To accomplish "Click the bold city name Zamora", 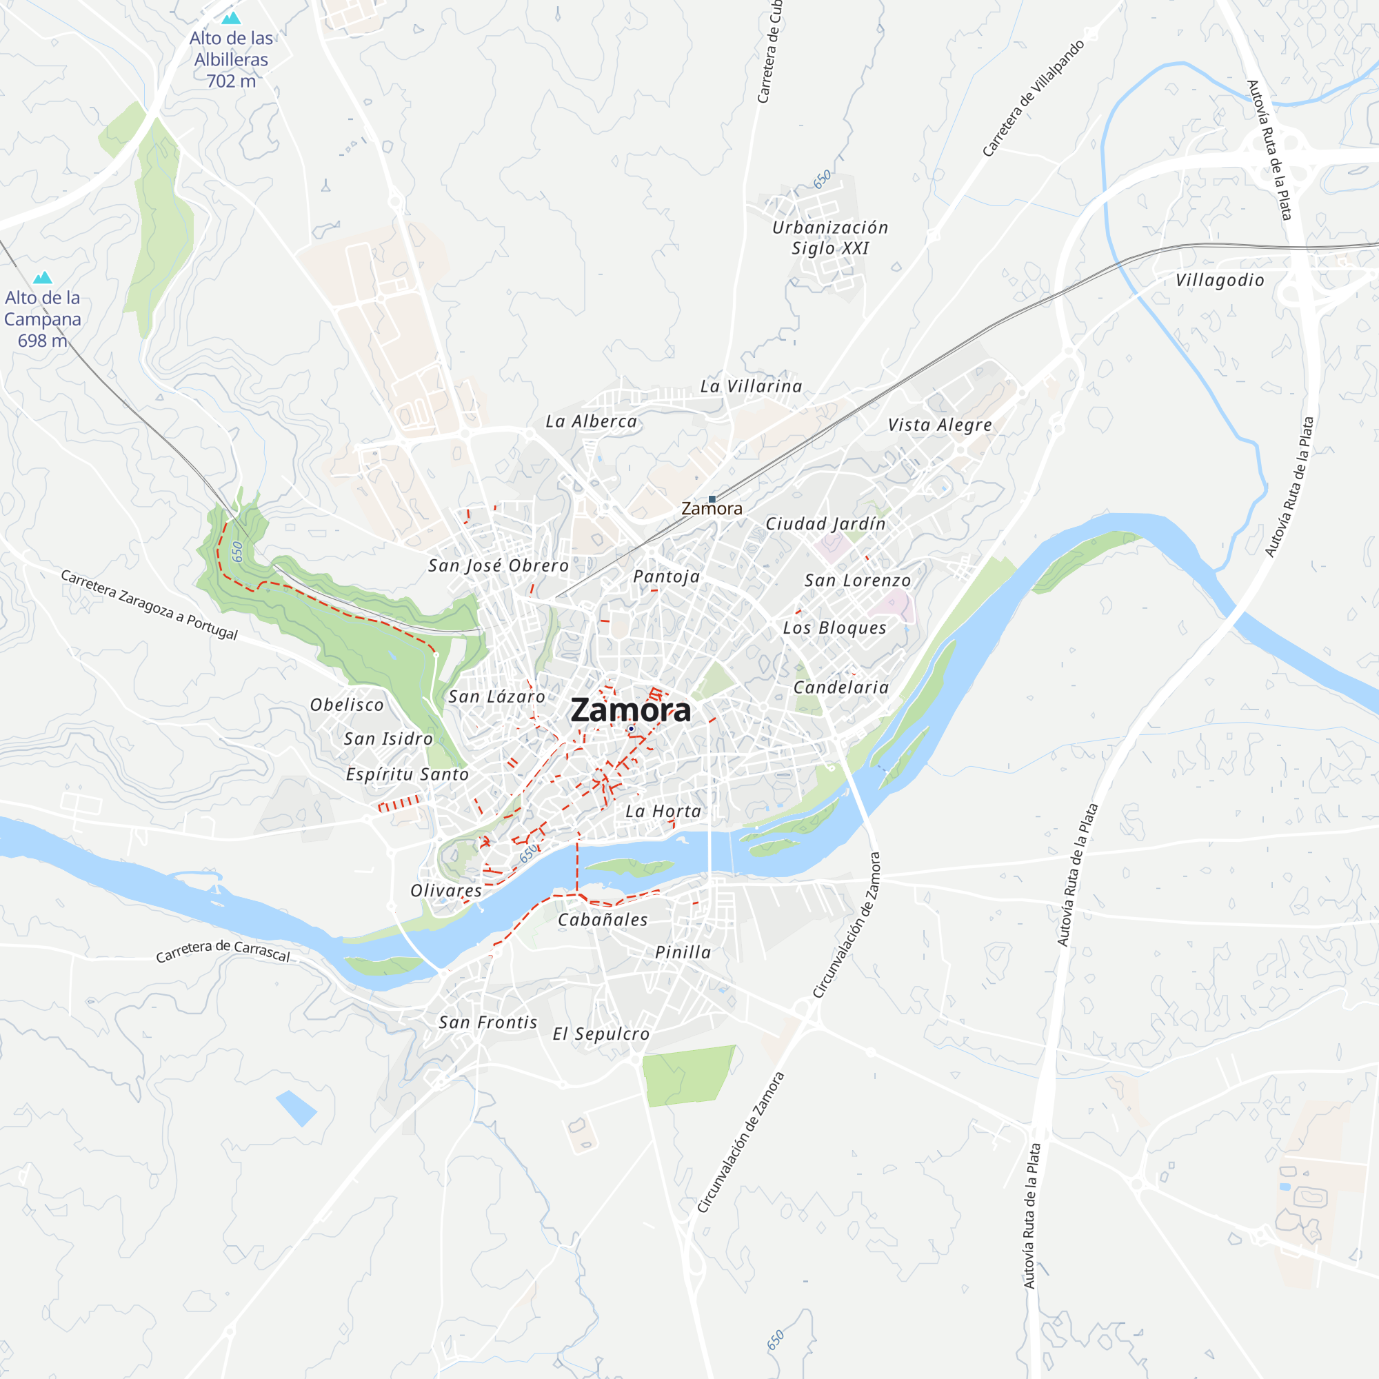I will tap(630, 710).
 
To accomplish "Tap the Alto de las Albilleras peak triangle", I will tap(231, 18).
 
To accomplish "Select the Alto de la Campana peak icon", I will tap(43, 277).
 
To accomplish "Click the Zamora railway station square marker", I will tap(712, 499).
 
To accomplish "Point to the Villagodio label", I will tap(1220, 281).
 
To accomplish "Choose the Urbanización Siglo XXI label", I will tap(830, 238).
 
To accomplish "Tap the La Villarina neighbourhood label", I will tap(751, 386).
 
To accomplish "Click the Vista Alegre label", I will tap(939, 425).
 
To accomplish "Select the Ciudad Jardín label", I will tap(825, 524).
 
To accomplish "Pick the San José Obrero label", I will tap(499, 565).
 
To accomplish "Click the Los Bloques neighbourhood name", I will tap(834, 628).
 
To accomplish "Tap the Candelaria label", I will tap(841, 687).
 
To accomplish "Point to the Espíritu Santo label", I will tap(407, 774).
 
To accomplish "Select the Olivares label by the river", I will tap(446, 891).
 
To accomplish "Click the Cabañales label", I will tap(603, 920).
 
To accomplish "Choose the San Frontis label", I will tap(487, 1023).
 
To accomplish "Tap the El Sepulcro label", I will tap(601, 1034).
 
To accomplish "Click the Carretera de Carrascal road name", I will tap(223, 951).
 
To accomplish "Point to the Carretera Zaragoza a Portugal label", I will tap(149, 605).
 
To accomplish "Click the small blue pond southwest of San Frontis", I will tap(296, 1108).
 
